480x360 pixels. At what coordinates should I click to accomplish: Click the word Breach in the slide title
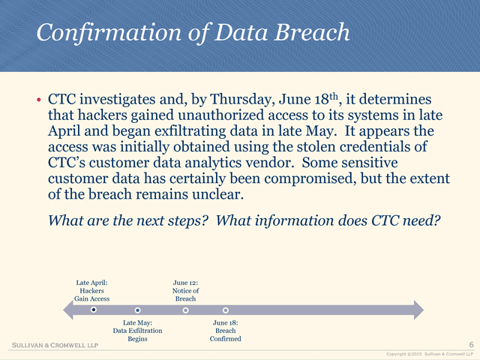pos(312,32)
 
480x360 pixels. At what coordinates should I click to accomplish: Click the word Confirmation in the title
pos(109,33)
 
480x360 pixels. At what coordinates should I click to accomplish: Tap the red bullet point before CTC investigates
pos(38,100)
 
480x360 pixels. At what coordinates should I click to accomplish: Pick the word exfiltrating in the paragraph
pos(190,131)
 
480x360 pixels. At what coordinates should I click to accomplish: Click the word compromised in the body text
pos(310,179)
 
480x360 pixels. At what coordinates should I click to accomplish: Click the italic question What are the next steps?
pos(128,220)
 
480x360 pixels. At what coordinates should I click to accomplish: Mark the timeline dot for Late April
pos(94,310)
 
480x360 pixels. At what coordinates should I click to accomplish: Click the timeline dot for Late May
pos(138,310)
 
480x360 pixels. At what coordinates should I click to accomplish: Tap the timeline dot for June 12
pos(185,310)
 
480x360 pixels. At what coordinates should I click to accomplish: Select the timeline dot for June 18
pos(226,310)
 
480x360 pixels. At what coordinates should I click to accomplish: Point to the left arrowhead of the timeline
pos(68,310)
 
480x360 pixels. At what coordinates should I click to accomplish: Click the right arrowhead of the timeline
pos(418,310)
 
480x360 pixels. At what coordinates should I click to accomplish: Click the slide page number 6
pos(472,345)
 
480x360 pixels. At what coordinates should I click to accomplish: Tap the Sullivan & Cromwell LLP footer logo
pos(55,345)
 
